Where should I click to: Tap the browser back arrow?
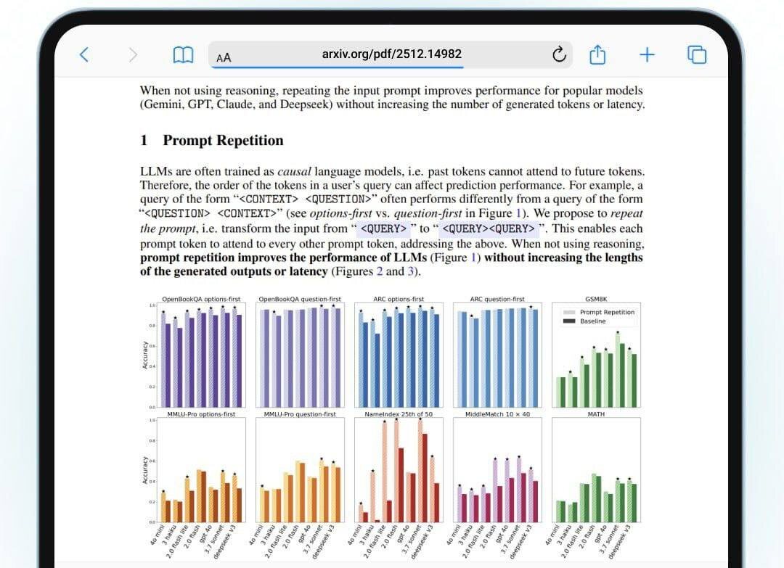point(84,54)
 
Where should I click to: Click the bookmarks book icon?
point(183,55)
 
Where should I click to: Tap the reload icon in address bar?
point(559,54)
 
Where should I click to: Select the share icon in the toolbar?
point(597,54)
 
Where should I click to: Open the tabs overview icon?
point(697,54)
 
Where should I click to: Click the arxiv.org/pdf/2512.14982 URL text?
point(391,54)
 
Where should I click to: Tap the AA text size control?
point(224,57)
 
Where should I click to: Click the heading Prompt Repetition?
point(223,140)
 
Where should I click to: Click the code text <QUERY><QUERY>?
point(489,229)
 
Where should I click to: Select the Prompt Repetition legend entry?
point(607,312)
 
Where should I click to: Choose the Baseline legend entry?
point(592,321)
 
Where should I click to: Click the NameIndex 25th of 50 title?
point(398,414)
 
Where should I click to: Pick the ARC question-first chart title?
point(497,299)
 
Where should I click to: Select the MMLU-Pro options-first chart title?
point(201,414)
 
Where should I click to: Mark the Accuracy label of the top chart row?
point(145,355)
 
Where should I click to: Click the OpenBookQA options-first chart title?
point(201,299)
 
